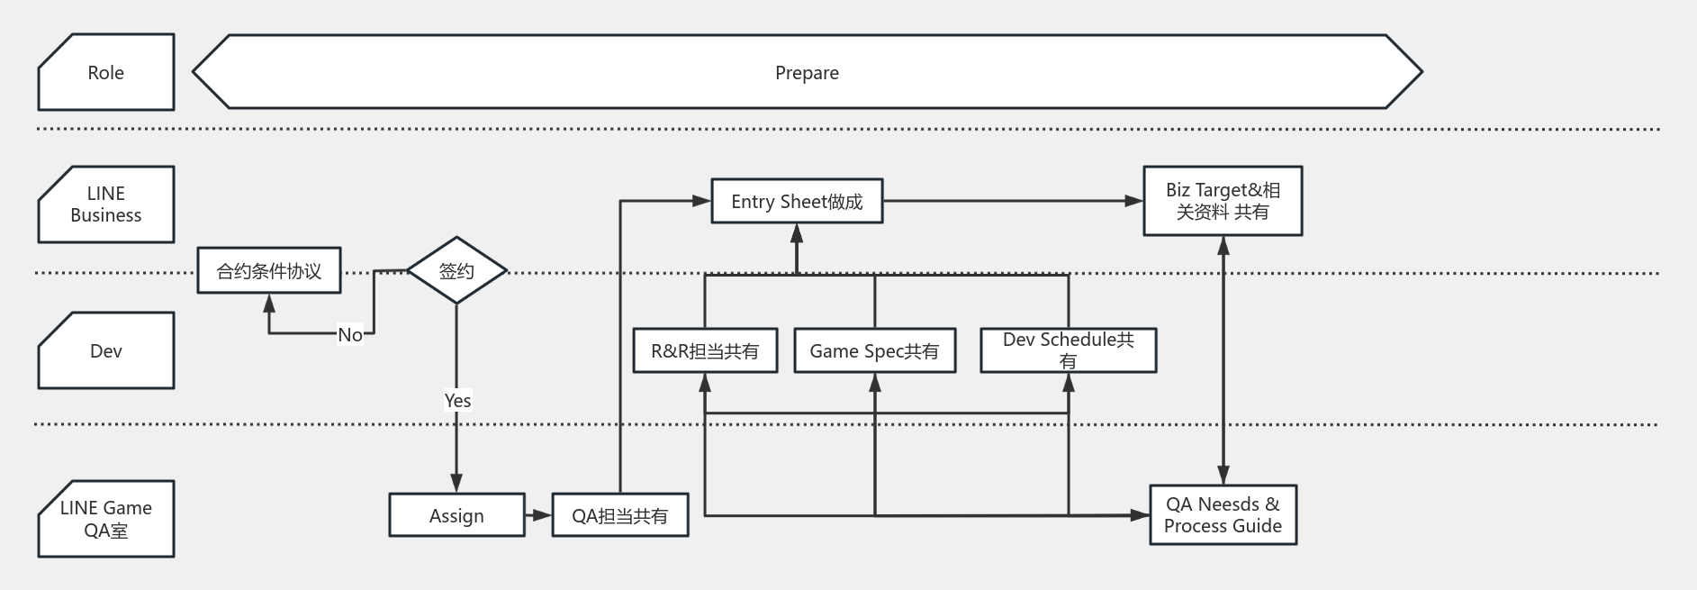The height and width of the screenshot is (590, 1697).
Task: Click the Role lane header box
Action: [x=105, y=73]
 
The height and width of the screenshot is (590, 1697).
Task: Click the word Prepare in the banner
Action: [x=807, y=73]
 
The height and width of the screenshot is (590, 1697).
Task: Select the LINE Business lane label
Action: [x=105, y=204]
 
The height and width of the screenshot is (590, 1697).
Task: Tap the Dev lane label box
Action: [x=105, y=351]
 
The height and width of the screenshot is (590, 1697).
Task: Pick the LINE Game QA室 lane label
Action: [x=105, y=519]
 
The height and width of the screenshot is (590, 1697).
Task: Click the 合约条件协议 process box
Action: [x=269, y=271]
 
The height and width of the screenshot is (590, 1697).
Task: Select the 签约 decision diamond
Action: [x=456, y=271]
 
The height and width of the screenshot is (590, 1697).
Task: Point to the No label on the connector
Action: [x=350, y=334]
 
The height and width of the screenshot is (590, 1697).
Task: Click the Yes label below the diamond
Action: [x=457, y=400]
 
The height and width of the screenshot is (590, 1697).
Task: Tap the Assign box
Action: [x=456, y=515]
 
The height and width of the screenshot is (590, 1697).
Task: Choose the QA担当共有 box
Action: [x=620, y=515]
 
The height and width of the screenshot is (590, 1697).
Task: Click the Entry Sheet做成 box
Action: [x=797, y=202]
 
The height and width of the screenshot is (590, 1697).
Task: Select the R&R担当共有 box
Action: [x=705, y=351]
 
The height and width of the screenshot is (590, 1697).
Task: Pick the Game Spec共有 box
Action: [x=874, y=351]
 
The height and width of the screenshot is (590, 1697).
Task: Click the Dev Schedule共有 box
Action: [x=1068, y=350]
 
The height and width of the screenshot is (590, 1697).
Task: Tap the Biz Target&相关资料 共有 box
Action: [x=1223, y=201]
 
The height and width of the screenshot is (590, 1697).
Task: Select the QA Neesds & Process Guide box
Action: [x=1223, y=515]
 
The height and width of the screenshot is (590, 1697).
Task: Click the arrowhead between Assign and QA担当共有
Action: [x=542, y=515]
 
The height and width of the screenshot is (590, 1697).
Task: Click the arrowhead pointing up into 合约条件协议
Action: [x=269, y=303]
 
